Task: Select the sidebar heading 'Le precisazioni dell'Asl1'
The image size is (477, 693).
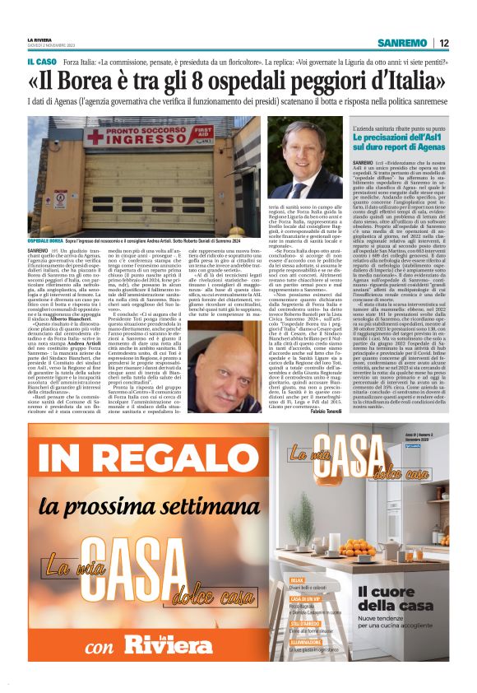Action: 395,136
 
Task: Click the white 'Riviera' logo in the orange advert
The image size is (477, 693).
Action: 173,644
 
